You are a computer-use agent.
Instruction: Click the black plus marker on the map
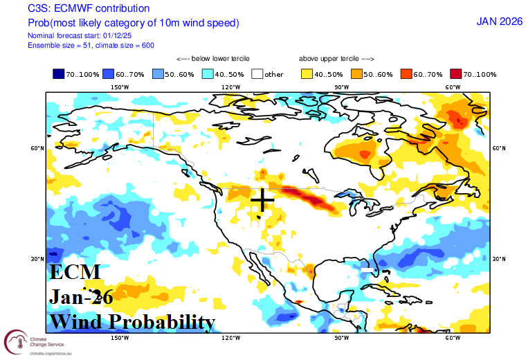[x=262, y=200]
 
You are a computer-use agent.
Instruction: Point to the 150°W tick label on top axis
[x=120, y=87]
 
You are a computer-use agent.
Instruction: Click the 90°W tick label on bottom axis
[x=341, y=338]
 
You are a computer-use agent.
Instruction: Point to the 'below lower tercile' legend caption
[x=213, y=59]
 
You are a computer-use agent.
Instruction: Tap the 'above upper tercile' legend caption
[x=336, y=59]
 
